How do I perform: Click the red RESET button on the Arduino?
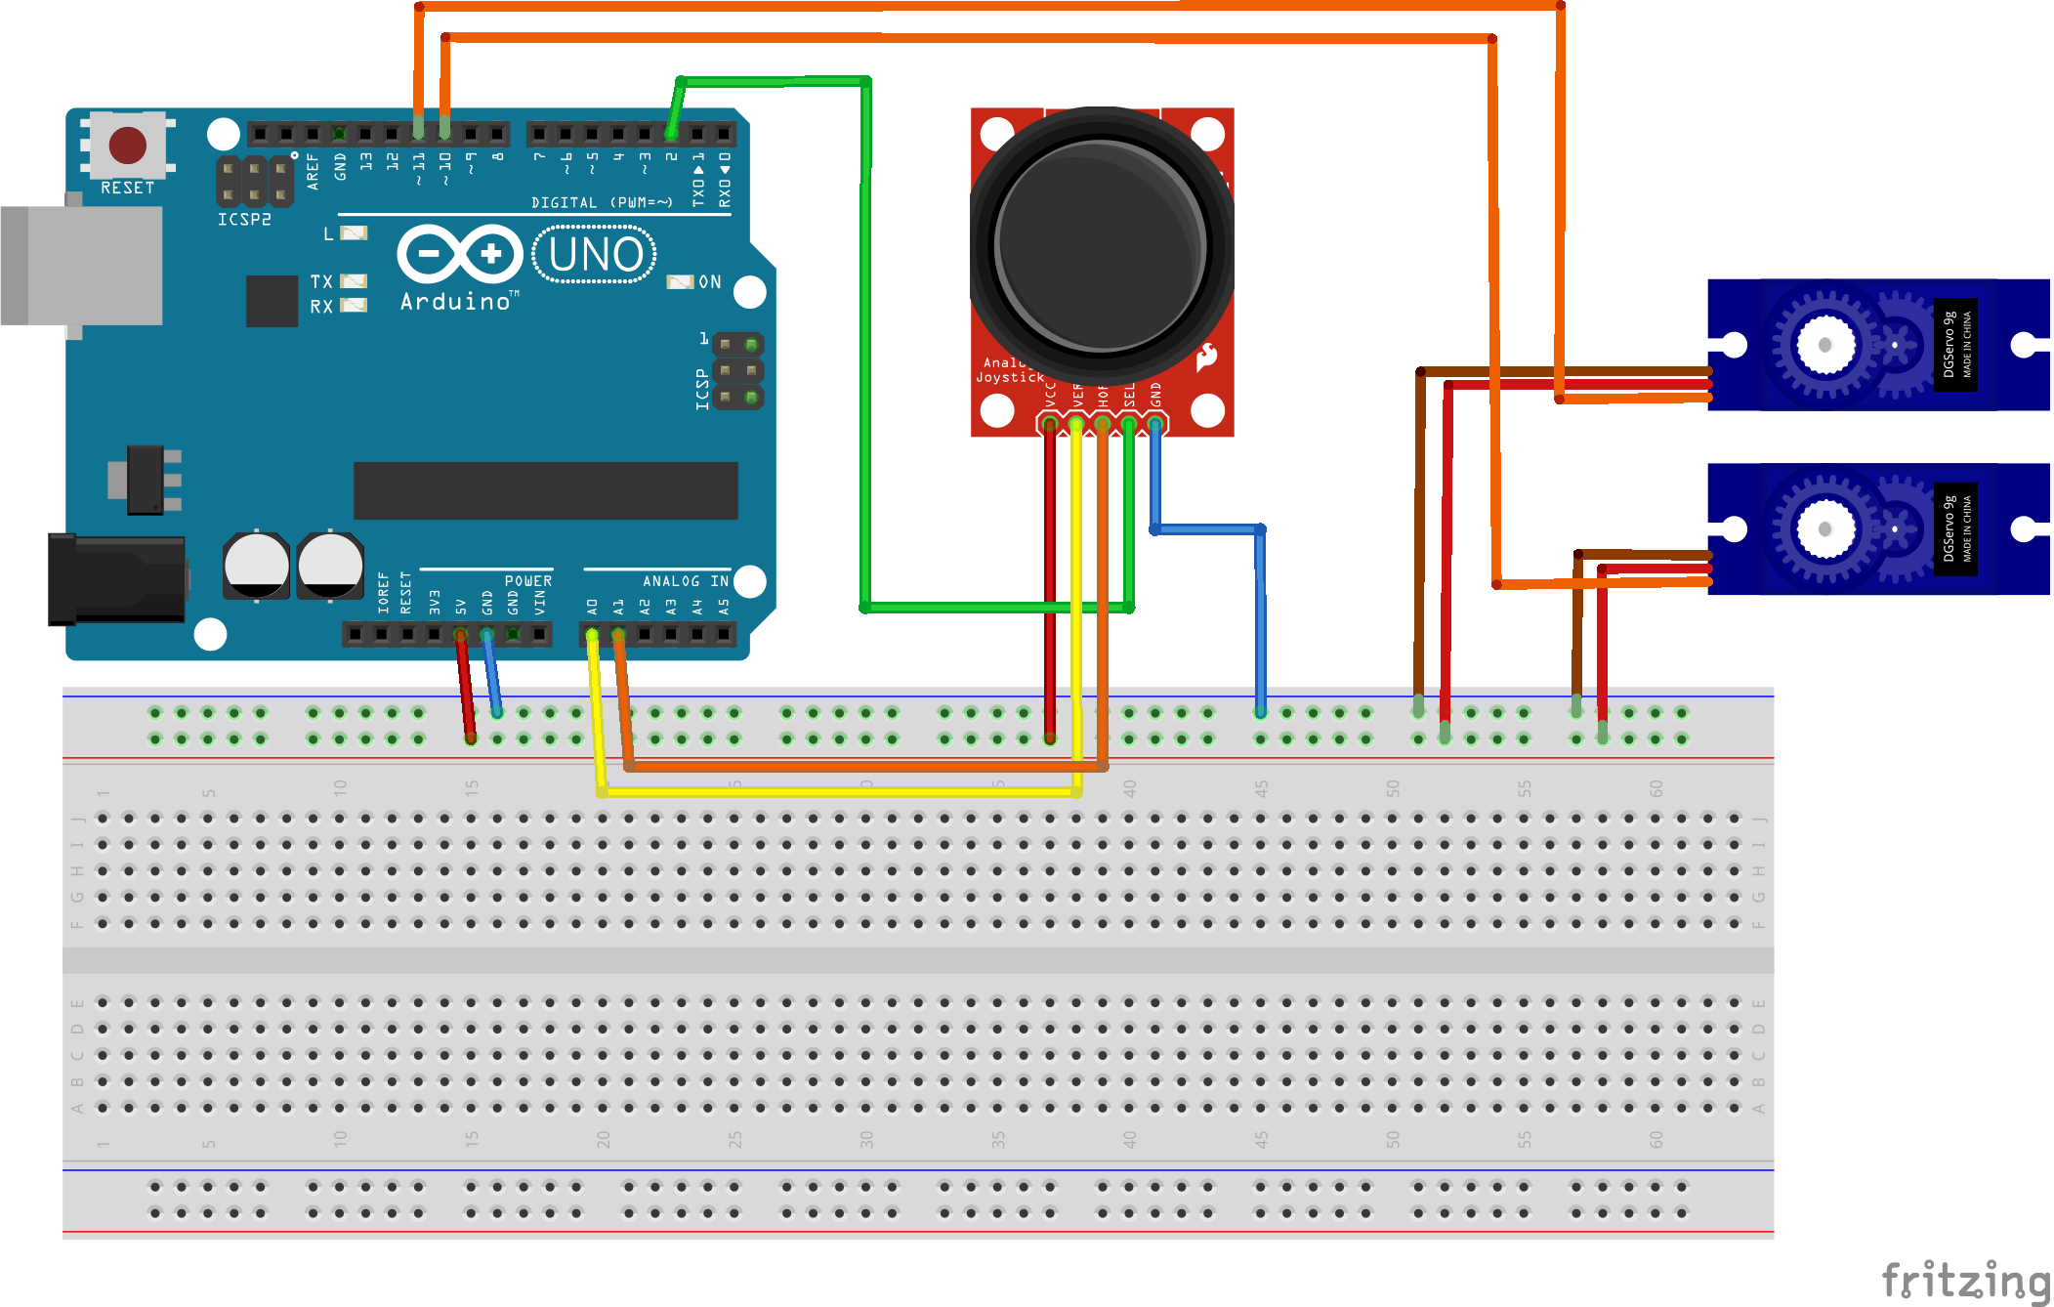click(128, 145)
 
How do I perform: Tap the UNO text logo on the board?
click(595, 255)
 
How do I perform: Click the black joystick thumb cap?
click(1101, 244)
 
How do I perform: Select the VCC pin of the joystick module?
click(1050, 423)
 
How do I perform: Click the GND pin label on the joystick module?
click(1155, 395)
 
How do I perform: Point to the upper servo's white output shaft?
click(1823, 345)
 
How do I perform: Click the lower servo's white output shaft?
click(1823, 529)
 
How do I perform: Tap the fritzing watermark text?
click(1964, 1280)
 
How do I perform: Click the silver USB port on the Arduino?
click(82, 265)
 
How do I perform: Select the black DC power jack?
click(117, 578)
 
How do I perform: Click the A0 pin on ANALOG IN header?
click(592, 635)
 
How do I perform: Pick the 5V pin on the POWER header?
click(460, 635)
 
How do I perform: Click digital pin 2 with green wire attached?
click(671, 133)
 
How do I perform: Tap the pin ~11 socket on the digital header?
click(419, 133)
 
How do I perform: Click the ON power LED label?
click(710, 282)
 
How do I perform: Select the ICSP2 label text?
click(244, 220)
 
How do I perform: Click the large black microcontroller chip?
click(545, 490)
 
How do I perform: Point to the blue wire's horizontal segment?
click(1208, 529)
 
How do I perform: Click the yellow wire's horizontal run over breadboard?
click(840, 791)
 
